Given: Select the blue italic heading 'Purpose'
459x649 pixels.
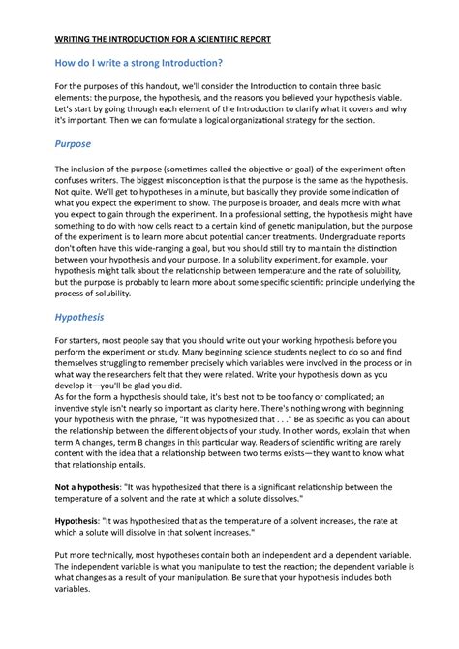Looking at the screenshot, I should point(73,144).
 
